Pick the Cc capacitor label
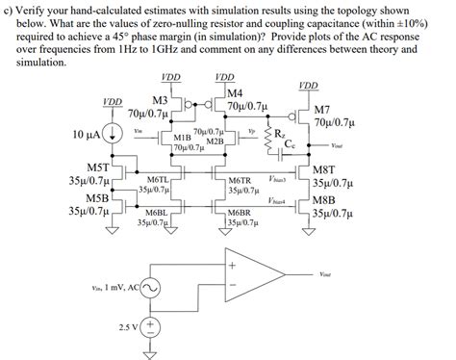291,144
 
